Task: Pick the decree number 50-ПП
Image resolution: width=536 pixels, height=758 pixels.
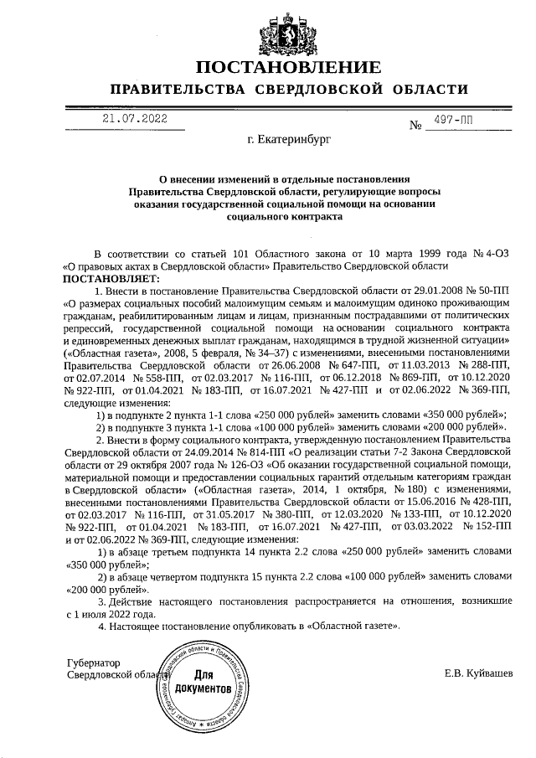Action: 491,289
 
